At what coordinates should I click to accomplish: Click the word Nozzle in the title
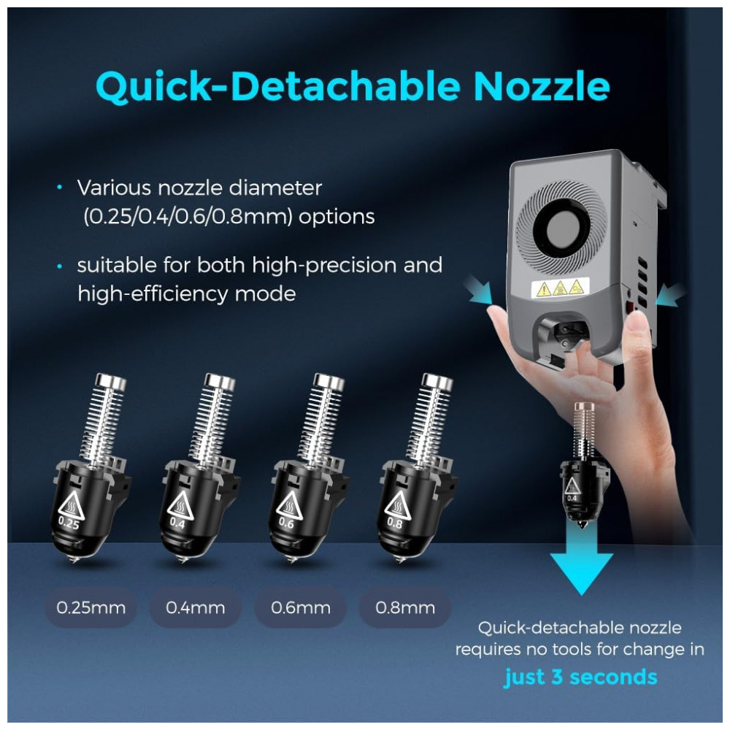pos(542,87)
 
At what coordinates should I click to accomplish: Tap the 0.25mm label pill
pos(91,607)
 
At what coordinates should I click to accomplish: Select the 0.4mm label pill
pos(196,607)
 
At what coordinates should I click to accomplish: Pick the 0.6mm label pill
pos(301,607)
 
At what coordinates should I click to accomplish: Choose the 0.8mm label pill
pos(405,607)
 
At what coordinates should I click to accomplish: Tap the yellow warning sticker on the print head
pos(560,288)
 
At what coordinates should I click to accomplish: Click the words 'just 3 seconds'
pos(581,677)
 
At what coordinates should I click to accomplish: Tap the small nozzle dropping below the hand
pos(582,464)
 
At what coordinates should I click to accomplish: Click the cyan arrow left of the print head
pos(480,290)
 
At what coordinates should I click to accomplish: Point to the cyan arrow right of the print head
pos(670,293)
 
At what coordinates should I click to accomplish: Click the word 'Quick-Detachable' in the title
pos(278,88)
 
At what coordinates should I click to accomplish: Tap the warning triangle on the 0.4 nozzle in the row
pos(180,504)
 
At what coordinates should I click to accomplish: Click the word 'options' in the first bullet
pos(337,217)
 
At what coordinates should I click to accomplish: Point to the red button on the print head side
pos(631,307)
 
